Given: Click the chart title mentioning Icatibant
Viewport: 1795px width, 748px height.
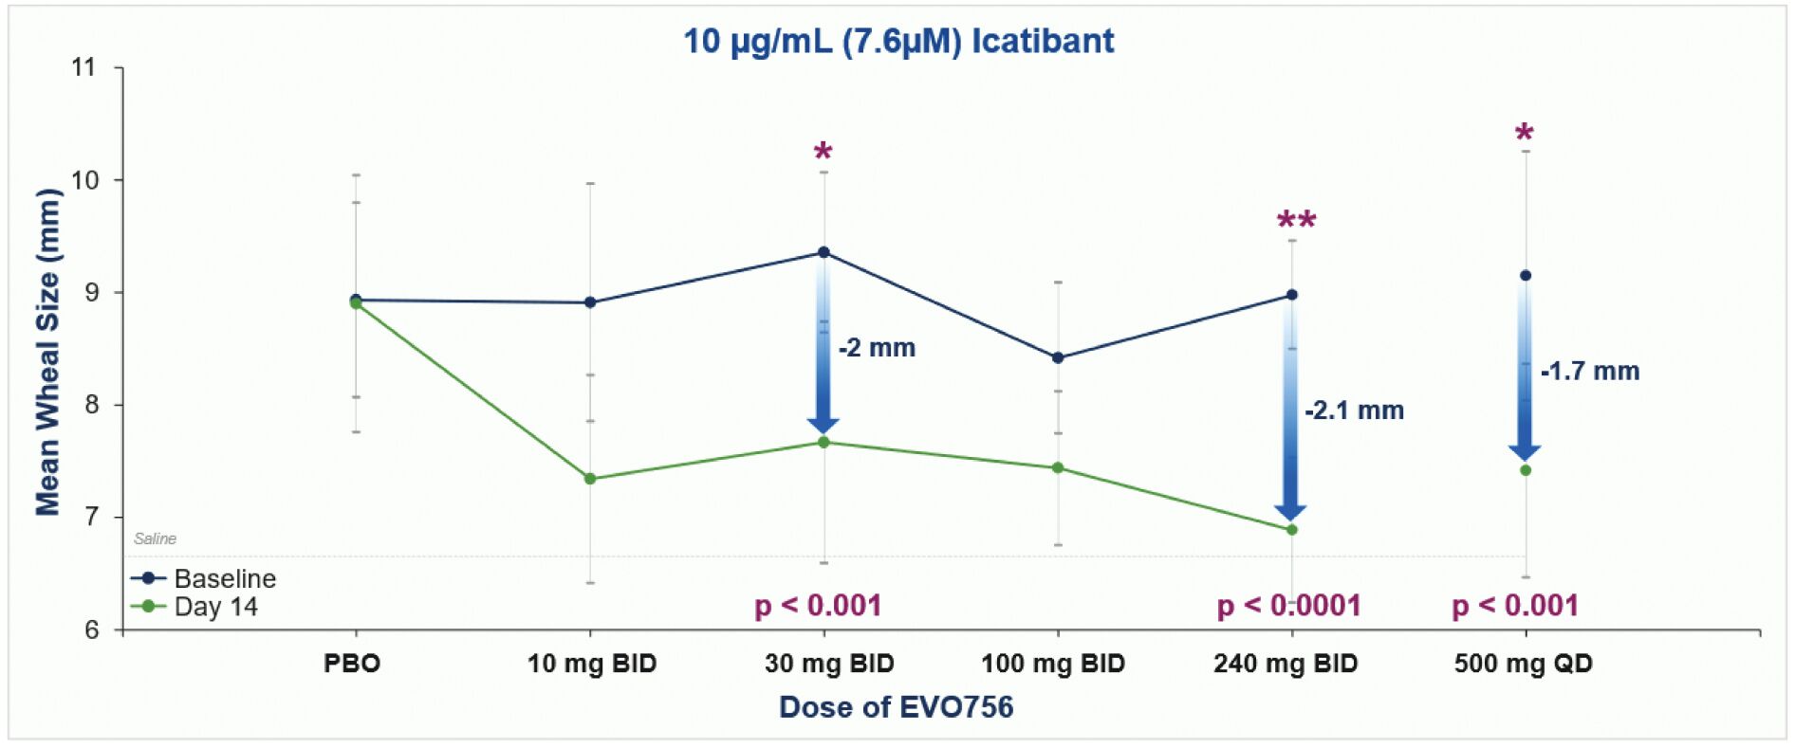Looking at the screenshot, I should click(897, 42).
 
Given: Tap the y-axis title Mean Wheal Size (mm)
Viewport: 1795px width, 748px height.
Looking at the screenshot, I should click(47, 352).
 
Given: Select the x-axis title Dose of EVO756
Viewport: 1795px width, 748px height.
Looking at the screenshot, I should click(896, 707).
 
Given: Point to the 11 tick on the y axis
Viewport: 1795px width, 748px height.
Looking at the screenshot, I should click(84, 67).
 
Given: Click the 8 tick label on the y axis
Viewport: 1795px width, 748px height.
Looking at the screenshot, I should click(91, 405).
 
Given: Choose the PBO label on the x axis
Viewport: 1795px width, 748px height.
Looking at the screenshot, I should click(352, 664).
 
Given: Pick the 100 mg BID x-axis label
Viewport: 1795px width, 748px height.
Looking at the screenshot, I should click(1052, 664).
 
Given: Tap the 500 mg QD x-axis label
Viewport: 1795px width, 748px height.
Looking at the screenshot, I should click(1523, 664).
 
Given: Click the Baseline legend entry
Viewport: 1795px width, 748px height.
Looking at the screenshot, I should click(224, 578).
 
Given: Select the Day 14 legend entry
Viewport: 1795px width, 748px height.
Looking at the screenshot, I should click(215, 607).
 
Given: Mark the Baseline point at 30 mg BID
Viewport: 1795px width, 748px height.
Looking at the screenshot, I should click(823, 252).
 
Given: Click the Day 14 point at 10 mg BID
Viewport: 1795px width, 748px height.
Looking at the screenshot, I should click(590, 479).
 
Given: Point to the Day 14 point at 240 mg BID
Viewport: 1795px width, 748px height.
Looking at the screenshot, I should click(1292, 530).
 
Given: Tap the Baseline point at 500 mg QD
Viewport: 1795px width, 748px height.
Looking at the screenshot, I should click(1526, 276).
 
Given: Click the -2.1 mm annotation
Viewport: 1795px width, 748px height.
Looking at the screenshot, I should click(1354, 410).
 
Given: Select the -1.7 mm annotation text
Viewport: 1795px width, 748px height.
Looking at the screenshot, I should click(1590, 371).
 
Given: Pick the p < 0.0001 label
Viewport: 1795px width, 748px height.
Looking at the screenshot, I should click(1288, 606).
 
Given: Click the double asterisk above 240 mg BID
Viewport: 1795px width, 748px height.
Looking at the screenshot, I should click(1296, 221).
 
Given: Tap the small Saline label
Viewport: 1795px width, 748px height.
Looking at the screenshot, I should click(155, 538).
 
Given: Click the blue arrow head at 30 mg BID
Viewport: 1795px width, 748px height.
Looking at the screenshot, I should click(823, 425).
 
